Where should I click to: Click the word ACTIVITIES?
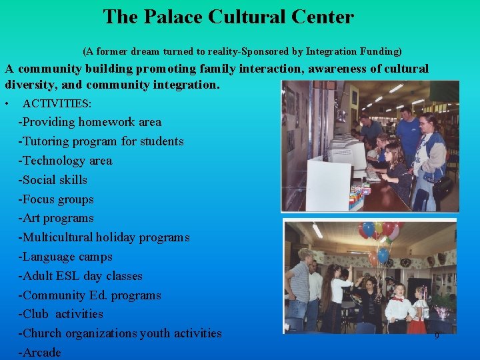click(57, 104)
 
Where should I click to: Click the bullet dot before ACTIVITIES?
click(6, 104)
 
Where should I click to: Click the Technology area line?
click(65, 161)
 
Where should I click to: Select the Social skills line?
click(53, 180)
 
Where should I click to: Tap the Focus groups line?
click(57, 199)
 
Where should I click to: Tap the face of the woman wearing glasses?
click(427, 124)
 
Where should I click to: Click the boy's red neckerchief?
click(399, 299)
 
